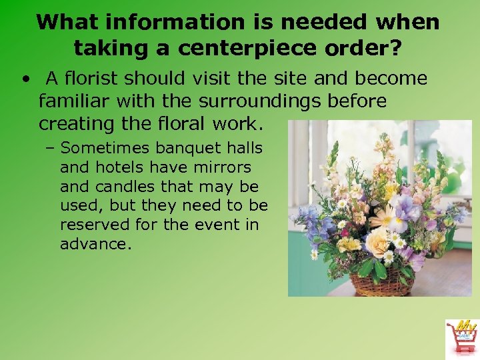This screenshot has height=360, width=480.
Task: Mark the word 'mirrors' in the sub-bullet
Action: pyautogui.click(x=222, y=167)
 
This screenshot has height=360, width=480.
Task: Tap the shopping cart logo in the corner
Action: pyautogui.click(x=461, y=337)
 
